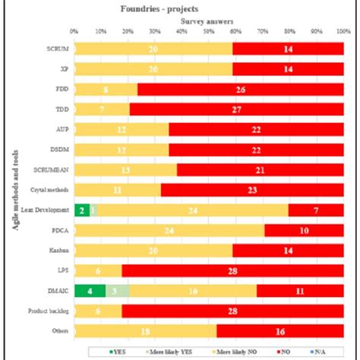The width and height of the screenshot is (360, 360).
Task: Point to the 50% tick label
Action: click(208, 32)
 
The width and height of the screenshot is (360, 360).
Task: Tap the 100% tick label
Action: click(342, 32)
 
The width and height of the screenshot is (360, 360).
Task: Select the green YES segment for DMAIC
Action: click(90, 289)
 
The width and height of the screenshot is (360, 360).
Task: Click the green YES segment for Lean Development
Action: click(81, 210)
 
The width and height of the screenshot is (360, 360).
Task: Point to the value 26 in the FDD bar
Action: click(241, 89)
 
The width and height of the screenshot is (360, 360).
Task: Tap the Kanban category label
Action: click(60, 250)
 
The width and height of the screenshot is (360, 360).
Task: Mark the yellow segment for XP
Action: click(153, 68)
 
